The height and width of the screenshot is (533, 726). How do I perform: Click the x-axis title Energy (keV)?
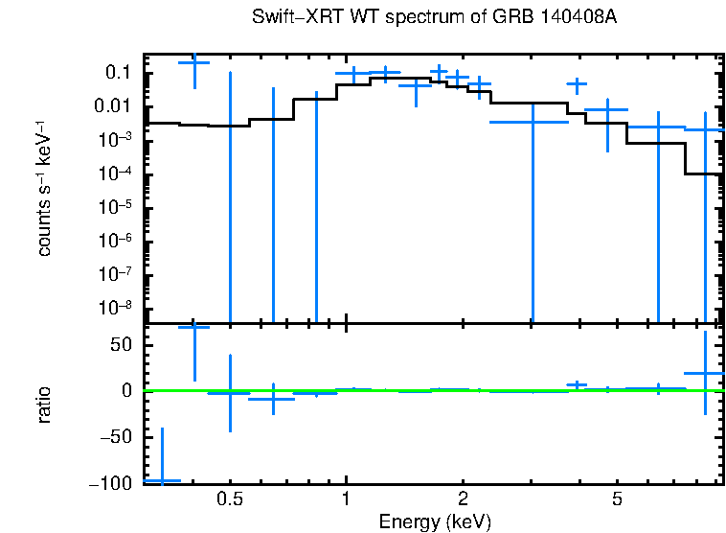[x=435, y=522]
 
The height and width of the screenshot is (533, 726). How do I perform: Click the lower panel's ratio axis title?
[x=44, y=406]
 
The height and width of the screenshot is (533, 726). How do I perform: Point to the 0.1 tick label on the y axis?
[x=119, y=73]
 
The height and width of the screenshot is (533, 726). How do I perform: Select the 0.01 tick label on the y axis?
[x=113, y=106]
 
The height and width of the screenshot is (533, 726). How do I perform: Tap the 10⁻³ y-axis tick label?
[x=116, y=140]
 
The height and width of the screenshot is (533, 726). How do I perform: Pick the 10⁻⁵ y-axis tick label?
[x=116, y=207]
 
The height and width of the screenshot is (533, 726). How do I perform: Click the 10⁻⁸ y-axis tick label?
[x=116, y=308]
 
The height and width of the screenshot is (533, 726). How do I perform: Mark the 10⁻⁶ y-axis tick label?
[x=116, y=241]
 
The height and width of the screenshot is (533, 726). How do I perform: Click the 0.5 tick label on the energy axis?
[x=229, y=499]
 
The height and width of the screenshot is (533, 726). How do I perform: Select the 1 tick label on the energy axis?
[x=346, y=499]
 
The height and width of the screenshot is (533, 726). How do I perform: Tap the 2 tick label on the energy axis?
[x=463, y=499]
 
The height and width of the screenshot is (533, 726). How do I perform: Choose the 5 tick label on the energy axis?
[x=617, y=499]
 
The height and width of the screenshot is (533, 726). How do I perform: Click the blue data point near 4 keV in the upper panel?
[x=577, y=84]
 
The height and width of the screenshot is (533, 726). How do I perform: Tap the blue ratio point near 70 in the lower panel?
[x=194, y=327]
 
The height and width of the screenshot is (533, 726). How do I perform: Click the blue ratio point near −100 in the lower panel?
[x=161, y=479]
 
